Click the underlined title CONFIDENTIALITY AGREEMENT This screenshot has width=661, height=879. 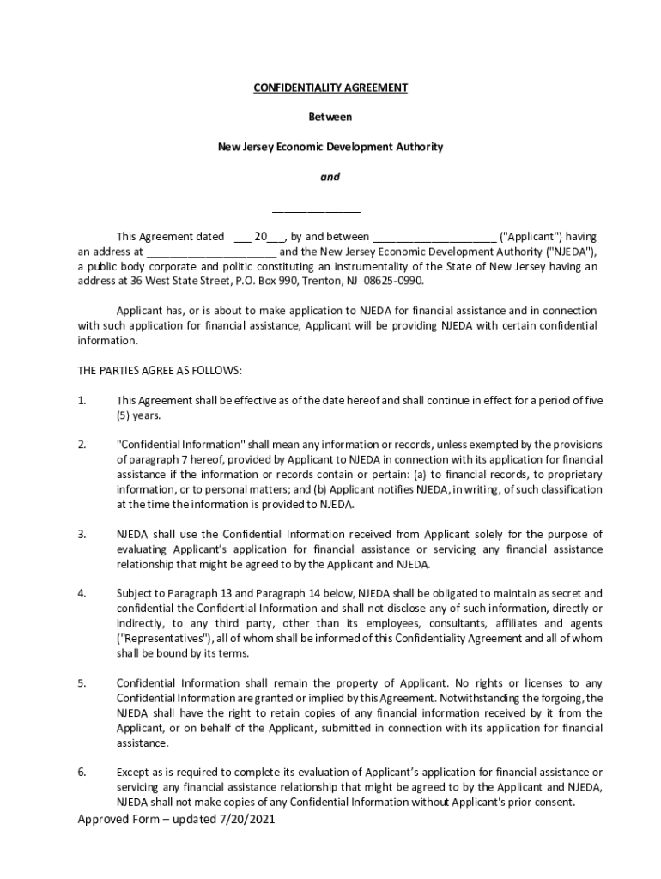[330, 88]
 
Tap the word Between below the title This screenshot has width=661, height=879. [330, 117]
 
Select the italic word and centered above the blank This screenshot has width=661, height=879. [330, 177]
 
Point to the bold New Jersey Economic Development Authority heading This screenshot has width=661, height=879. [330, 147]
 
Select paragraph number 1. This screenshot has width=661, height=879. [82, 401]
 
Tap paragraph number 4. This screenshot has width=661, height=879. [82, 593]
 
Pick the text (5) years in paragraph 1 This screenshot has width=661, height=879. [138, 415]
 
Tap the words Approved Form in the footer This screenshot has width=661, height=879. [116, 820]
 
